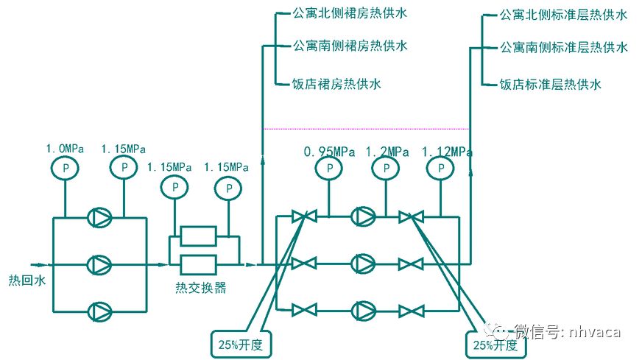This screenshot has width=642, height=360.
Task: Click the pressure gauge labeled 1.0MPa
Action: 65,169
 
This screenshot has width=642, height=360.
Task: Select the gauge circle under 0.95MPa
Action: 328,169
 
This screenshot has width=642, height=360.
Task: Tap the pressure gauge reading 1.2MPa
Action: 383,169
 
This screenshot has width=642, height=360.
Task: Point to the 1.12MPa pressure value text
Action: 447,152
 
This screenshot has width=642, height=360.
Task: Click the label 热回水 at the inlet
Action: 21,280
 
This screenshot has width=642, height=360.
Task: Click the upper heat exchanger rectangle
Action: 198,236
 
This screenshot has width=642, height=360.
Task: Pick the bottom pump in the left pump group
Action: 97,311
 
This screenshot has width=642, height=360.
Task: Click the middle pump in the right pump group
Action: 363,264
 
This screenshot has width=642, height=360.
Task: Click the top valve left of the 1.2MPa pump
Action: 303,217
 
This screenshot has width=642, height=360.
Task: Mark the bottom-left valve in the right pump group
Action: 303,310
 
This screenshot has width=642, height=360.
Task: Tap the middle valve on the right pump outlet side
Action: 410,264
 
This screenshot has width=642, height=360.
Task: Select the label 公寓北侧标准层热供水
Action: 563,15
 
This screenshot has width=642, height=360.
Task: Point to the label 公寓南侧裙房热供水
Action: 350,46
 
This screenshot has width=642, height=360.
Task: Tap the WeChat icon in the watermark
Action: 497,331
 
